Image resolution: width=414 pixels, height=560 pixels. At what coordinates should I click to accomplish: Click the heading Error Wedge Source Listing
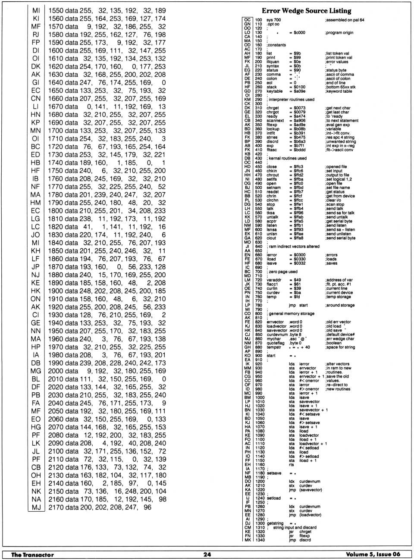click(x=306, y=11)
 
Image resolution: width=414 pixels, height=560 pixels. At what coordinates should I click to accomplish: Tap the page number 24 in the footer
click(x=207, y=554)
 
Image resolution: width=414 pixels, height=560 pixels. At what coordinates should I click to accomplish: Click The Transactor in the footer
click(x=32, y=554)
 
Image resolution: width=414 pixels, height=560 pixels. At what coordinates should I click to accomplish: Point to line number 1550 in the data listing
click(x=56, y=10)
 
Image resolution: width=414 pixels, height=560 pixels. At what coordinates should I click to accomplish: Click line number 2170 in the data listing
click(x=56, y=507)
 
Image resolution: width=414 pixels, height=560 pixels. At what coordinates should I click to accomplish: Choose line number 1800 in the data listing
click(x=56, y=211)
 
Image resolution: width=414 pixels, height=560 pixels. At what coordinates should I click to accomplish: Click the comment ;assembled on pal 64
click(x=345, y=20)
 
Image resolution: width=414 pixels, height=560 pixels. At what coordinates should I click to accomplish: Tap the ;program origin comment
click(x=339, y=32)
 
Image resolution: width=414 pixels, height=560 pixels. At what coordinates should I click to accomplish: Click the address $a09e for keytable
click(x=299, y=91)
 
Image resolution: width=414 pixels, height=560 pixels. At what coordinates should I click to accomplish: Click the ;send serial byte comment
click(x=340, y=238)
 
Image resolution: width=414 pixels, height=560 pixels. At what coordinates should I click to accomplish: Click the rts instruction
click(x=292, y=465)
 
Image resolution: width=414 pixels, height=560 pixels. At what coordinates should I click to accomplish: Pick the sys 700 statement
click(x=273, y=20)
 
